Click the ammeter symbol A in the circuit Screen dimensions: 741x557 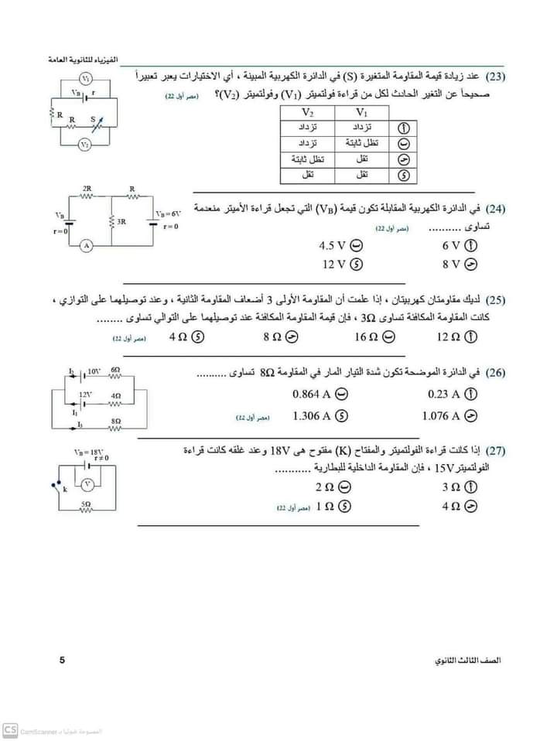tap(87, 245)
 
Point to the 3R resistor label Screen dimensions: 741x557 tap(122, 221)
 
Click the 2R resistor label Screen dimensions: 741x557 tap(87, 188)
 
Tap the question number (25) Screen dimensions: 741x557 tap(496, 300)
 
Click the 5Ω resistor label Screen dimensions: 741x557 tap(86, 503)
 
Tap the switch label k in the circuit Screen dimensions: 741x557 tap(66, 490)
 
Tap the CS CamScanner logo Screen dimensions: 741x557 tap(11, 729)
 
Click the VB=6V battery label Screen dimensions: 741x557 tap(167, 213)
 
